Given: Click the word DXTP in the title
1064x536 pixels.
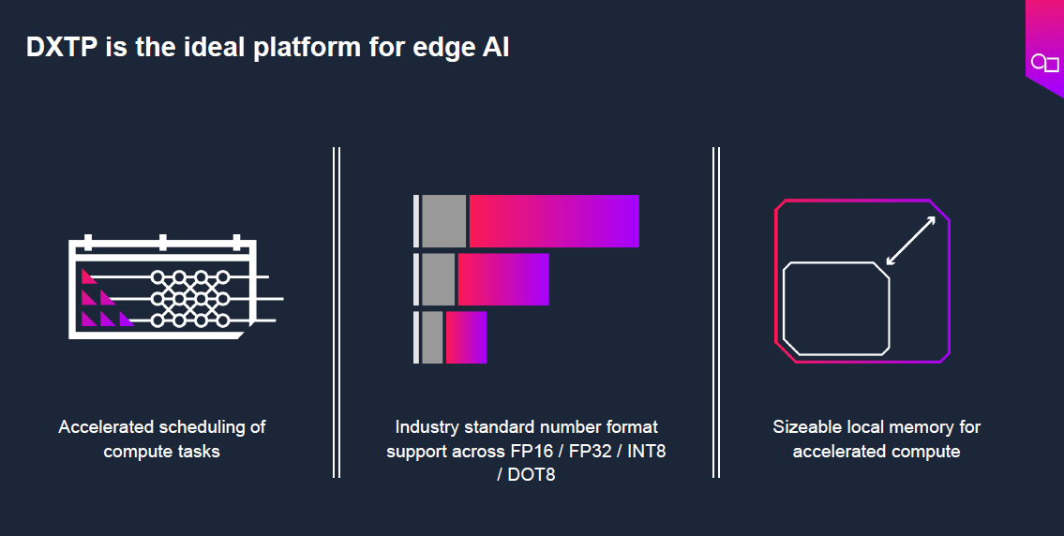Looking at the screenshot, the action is coord(62,48).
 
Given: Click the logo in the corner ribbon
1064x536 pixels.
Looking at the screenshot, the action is coord(1045,63).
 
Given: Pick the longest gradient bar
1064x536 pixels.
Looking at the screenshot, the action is coord(554,221).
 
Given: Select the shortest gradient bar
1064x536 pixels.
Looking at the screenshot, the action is coord(466,337).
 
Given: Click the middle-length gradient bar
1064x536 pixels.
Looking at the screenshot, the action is coord(502,279).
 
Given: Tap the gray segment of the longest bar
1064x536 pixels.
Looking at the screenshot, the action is coord(443,221).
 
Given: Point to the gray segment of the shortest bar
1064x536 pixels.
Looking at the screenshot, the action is coord(432,337).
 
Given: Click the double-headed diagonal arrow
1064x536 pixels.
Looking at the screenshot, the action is coord(910,241).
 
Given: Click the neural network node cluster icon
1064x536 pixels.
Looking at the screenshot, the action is coord(190,299).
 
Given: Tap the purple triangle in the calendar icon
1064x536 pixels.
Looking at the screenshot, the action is coord(127,319).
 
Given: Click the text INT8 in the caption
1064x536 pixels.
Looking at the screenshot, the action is coord(646,451).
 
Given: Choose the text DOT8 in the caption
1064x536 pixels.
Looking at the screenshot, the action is coord(532,474).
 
